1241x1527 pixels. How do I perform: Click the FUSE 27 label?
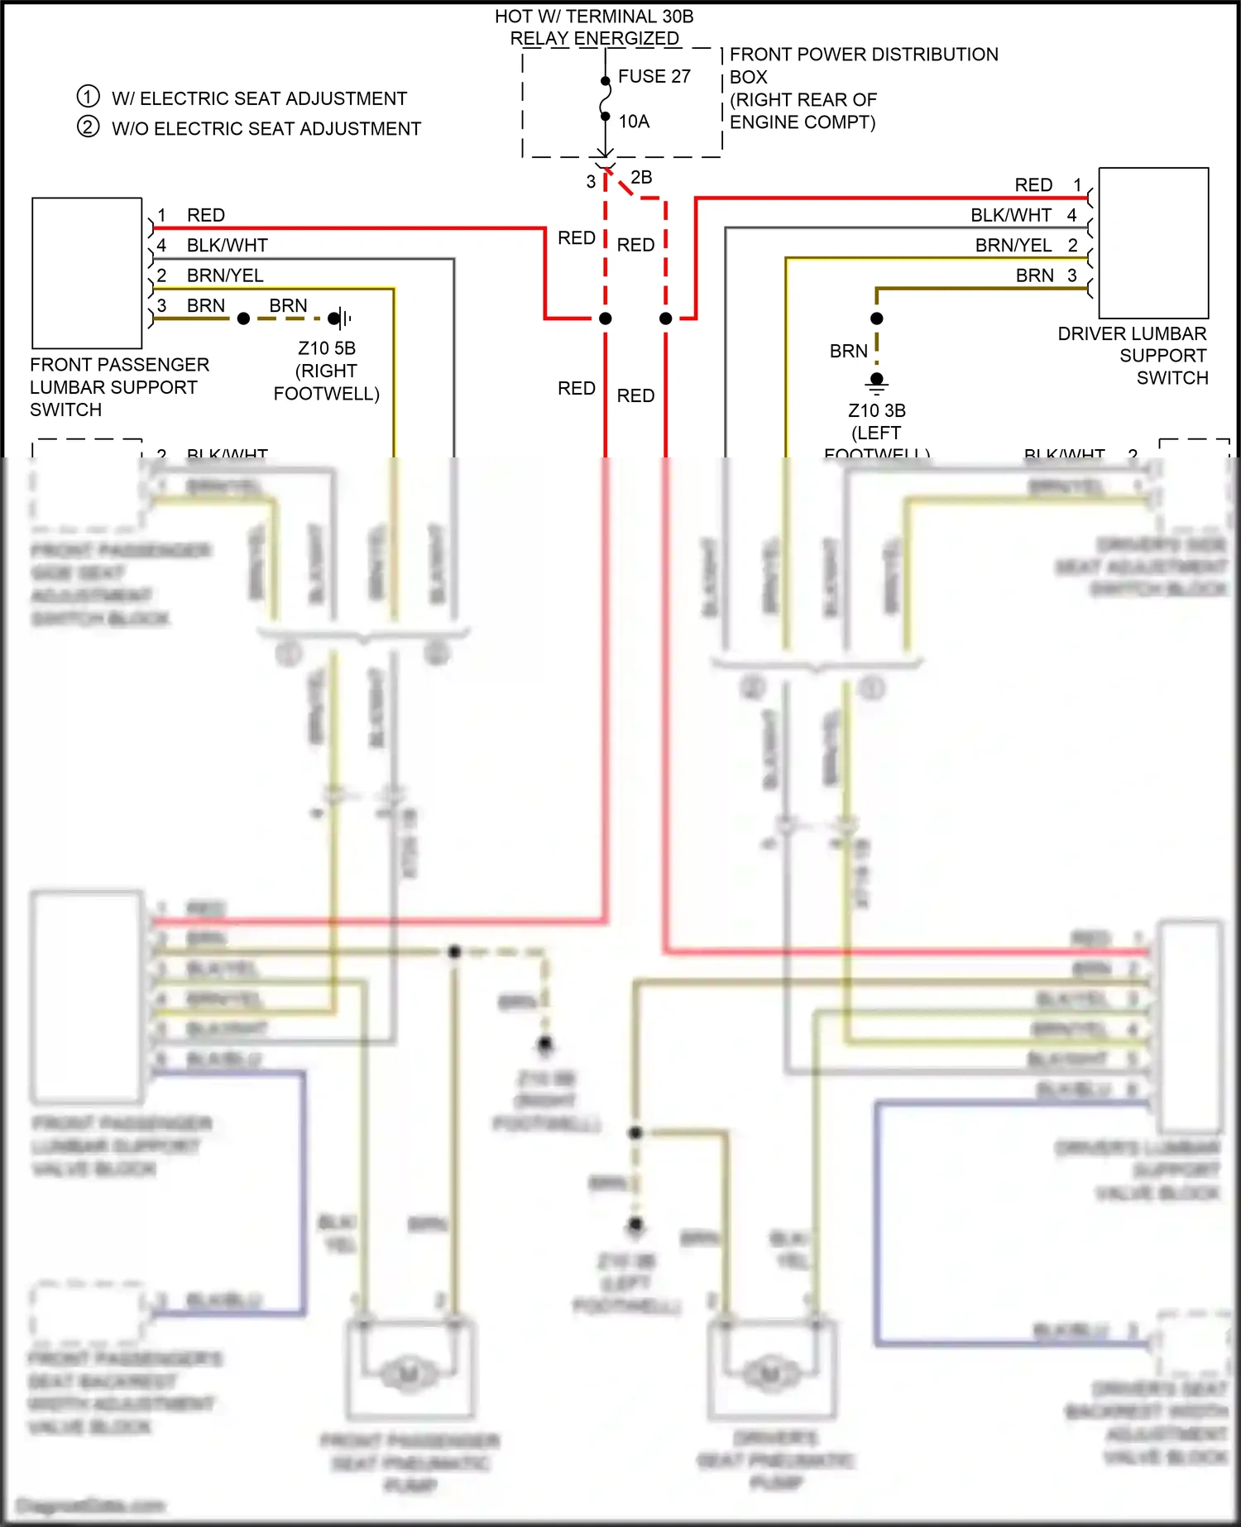click(x=654, y=76)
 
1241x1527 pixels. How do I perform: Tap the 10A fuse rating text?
click(x=634, y=122)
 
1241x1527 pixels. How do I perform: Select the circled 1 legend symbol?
click(x=89, y=96)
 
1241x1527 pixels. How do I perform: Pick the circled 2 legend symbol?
click(x=89, y=127)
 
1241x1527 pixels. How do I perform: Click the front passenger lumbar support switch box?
click(x=87, y=272)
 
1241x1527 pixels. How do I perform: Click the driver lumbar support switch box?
click(x=1153, y=242)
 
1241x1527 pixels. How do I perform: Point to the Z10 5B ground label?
click(x=327, y=348)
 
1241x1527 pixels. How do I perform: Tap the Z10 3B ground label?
click(x=877, y=410)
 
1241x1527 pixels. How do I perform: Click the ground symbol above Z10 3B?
click(x=877, y=382)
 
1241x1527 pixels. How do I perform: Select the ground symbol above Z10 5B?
click(x=340, y=318)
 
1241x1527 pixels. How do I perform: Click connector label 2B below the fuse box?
click(x=641, y=177)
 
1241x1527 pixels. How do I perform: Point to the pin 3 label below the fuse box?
click(x=591, y=181)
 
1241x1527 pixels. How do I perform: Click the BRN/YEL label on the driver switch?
click(x=1013, y=245)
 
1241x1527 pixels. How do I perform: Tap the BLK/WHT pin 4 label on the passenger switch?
click(x=227, y=245)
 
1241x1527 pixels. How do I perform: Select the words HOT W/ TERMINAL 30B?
click(x=594, y=16)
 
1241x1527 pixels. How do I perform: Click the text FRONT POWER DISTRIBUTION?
click(x=864, y=54)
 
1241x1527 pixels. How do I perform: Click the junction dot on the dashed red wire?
click(x=666, y=318)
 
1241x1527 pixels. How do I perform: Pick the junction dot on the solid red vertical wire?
click(x=606, y=318)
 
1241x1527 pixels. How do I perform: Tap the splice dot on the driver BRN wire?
click(x=877, y=318)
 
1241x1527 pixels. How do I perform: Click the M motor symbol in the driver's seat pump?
click(x=770, y=1374)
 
